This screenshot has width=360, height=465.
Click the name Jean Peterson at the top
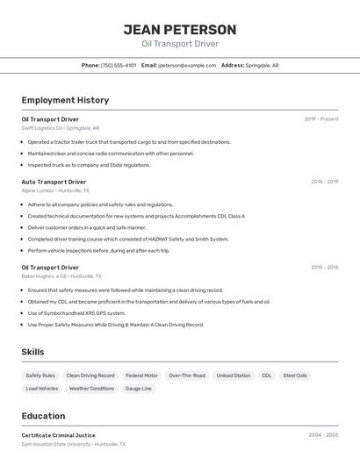tap(179, 29)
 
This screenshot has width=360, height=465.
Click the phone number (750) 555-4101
tap(119, 65)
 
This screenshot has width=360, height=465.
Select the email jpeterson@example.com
tap(187, 65)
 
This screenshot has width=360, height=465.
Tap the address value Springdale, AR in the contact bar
tap(262, 65)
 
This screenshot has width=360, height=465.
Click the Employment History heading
tap(65, 100)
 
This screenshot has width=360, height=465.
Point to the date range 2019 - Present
tap(321, 118)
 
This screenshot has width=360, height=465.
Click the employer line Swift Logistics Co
tap(61, 127)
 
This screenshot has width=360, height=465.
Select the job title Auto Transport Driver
tap(54, 182)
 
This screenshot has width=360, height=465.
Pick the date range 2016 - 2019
tap(324, 182)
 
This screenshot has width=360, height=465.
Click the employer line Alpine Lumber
tap(55, 190)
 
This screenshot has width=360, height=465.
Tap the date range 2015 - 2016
tap(324, 267)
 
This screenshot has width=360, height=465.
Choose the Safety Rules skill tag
tap(40, 376)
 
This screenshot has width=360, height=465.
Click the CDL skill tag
tap(267, 376)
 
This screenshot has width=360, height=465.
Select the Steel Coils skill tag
tap(295, 376)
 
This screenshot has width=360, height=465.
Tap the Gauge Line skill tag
tap(139, 388)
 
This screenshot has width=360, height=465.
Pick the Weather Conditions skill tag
tap(91, 388)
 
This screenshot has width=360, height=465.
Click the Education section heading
tap(43, 416)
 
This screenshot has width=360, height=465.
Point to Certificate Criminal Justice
tap(58, 435)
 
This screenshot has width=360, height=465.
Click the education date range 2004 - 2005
tap(323, 434)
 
